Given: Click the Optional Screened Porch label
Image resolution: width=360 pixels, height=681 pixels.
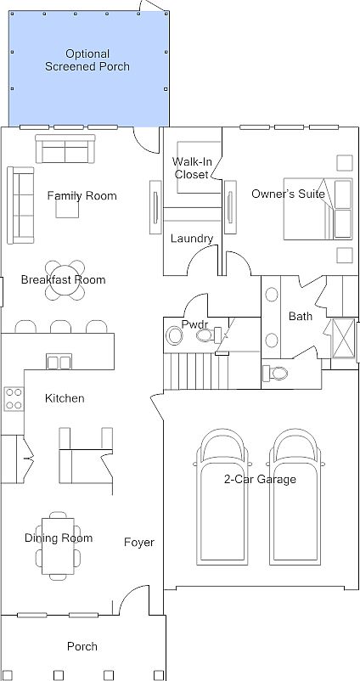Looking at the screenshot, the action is [87, 60].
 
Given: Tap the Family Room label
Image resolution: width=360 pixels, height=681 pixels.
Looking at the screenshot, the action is [82, 196].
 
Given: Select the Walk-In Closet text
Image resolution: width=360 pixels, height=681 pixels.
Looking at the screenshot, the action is [192, 168].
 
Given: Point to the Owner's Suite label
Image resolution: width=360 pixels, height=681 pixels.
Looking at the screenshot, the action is [289, 194].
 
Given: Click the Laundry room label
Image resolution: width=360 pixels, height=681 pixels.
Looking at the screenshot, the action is [192, 239].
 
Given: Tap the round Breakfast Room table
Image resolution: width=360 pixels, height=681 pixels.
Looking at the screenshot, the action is [65, 280].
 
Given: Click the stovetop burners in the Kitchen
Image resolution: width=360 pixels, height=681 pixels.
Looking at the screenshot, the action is [14, 399].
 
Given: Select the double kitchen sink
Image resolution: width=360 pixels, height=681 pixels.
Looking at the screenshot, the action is [59, 362].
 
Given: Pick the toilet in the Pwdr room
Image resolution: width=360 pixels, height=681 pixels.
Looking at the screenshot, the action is [210, 335].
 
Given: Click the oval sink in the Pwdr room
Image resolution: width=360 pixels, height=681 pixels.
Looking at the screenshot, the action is [175, 336].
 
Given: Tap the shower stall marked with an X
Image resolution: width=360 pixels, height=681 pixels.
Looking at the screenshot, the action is [343, 338].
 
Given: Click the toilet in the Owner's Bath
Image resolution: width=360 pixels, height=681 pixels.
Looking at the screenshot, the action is [275, 373].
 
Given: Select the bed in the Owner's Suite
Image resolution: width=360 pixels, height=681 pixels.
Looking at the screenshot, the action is [318, 209].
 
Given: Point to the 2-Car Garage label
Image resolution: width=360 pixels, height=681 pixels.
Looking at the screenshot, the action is [260, 479].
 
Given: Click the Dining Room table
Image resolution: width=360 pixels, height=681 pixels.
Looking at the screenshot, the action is [58, 546].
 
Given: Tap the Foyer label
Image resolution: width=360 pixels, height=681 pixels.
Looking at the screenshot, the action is [139, 542].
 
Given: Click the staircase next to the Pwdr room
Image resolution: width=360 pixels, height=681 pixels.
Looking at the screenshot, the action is [196, 371].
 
